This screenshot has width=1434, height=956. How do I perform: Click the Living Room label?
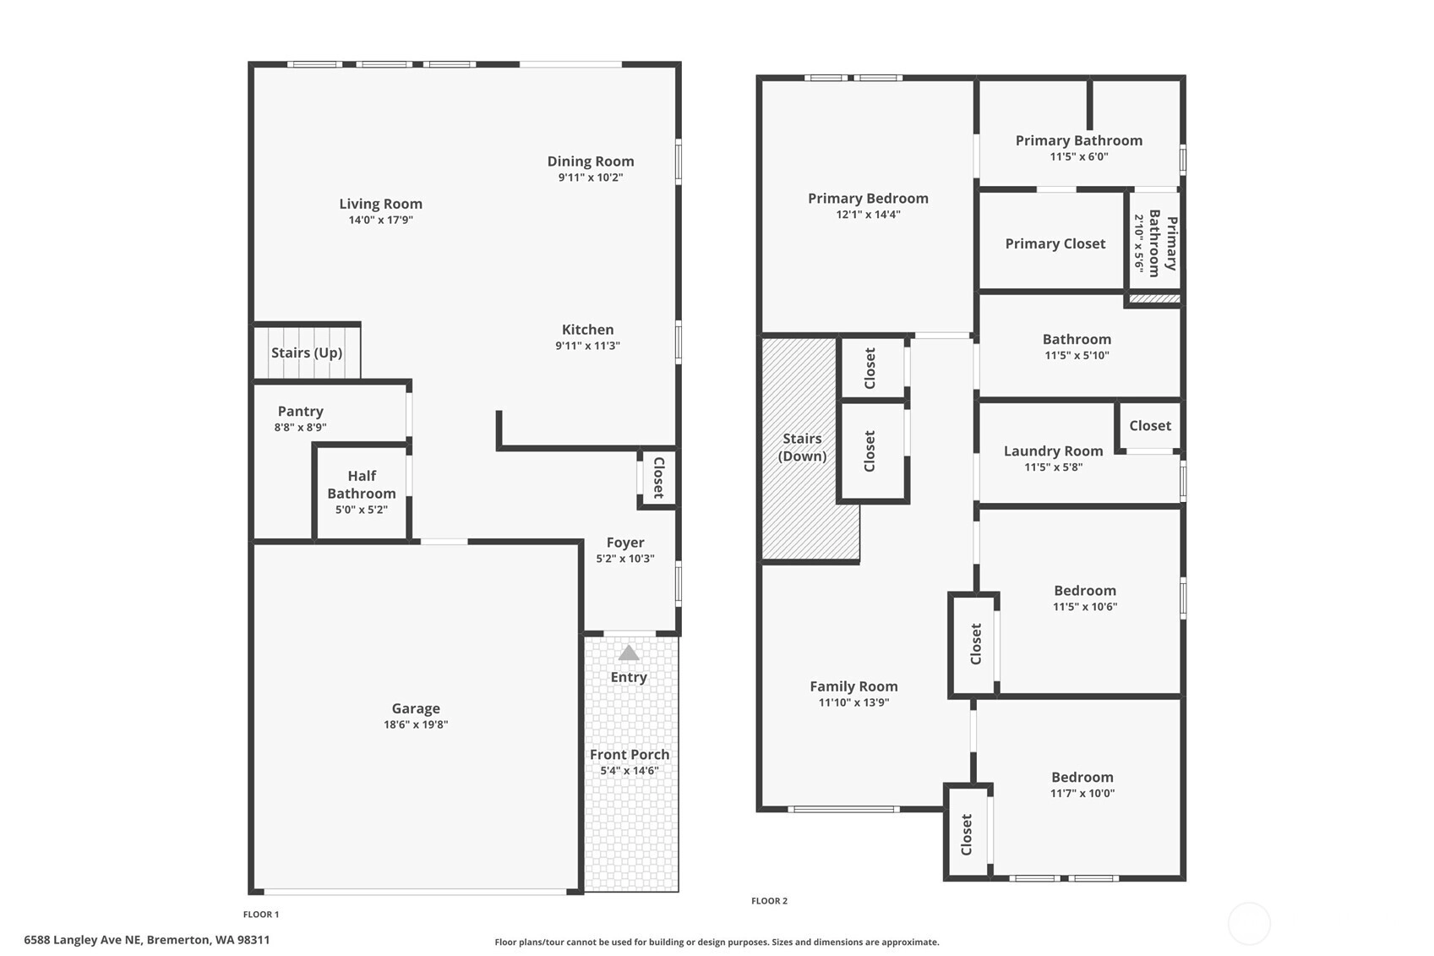(381, 204)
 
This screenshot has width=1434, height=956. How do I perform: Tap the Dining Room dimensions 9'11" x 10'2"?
(590, 178)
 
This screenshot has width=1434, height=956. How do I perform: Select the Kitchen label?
(587, 330)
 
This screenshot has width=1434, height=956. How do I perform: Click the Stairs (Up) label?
(307, 352)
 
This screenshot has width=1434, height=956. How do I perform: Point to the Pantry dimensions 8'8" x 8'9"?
(300, 427)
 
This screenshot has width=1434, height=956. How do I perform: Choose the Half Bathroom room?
(362, 493)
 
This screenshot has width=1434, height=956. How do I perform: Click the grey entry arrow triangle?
(629, 653)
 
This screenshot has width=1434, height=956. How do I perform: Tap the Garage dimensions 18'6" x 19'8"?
(416, 724)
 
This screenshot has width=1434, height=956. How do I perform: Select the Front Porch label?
(630, 754)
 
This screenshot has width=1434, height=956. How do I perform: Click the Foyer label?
(625, 543)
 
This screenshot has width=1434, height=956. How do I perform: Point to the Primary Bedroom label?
(868, 199)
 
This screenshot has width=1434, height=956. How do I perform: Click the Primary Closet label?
(1055, 244)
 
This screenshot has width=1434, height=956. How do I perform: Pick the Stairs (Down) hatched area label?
(802, 447)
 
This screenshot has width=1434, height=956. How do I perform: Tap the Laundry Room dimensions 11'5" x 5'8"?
(1053, 467)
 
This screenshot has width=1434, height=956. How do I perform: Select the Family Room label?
(854, 686)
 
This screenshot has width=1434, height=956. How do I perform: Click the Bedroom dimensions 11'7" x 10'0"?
(1082, 794)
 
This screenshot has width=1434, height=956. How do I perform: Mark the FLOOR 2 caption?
(770, 901)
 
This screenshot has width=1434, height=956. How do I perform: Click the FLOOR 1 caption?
(261, 915)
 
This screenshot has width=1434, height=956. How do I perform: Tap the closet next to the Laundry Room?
(1150, 426)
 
